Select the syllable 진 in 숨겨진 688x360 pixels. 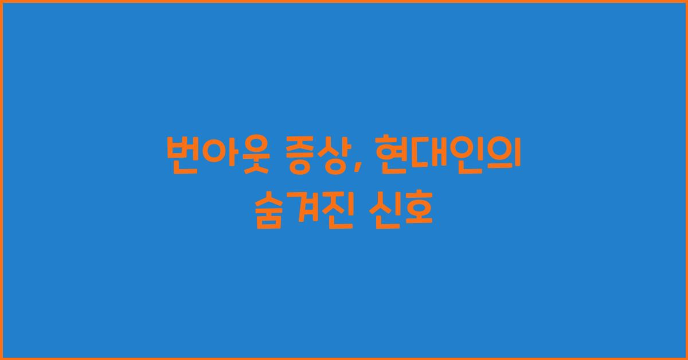335,211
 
